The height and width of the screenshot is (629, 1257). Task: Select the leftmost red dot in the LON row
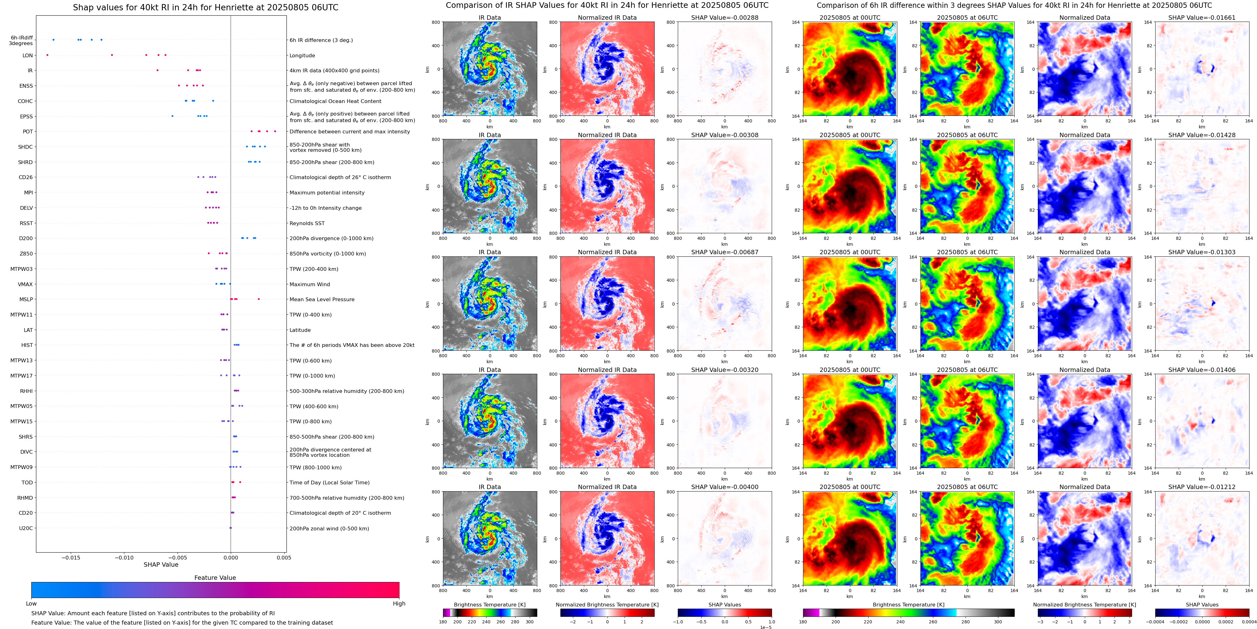pos(47,55)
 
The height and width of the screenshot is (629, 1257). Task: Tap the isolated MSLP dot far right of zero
pos(259,299)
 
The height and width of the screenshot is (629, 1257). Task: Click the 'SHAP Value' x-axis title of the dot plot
pos(161,565)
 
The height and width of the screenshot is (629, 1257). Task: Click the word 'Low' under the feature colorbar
pos(31,604)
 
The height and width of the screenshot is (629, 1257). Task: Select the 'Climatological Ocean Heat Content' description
pos(335,101)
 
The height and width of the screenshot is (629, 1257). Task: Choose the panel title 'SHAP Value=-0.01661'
pos(1202,18)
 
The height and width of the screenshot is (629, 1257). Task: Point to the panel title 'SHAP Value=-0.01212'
pos(1202,487)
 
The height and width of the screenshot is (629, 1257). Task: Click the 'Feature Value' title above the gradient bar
pos(215,578)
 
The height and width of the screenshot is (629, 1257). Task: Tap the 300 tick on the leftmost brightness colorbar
pos(529,622)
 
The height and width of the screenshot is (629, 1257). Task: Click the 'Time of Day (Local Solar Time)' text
pos(329,482)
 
